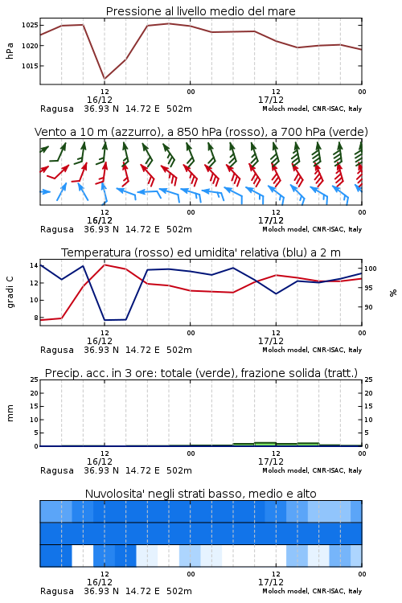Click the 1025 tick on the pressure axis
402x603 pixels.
click(30, 26)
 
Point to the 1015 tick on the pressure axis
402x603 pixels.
click(30, 66)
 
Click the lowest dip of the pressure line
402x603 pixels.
click(105, 79)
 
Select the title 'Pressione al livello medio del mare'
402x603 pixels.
click(201, 11)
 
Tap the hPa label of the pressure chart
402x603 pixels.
click(10, 51)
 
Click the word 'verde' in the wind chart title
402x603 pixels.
click(347, 132)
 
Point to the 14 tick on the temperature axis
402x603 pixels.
click(34, 265)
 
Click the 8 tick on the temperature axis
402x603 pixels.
click(35, 318)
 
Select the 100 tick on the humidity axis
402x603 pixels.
click(371, 269)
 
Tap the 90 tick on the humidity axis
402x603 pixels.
click(368, 307)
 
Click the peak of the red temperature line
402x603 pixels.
click(105, 265)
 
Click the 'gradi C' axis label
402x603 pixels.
click(10, 293)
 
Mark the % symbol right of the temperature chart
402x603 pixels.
click(393, 293)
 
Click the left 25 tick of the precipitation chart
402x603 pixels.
click(34, 380)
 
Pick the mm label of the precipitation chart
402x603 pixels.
click(10, 413)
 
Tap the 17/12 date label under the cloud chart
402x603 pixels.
click(271, 582)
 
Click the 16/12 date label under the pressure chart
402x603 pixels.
click(100, 100)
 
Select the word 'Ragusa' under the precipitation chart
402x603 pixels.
click(57, 470)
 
